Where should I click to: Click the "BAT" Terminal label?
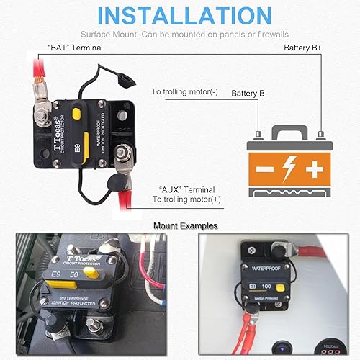tap(75, 48)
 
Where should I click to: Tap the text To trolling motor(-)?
tap(184, 92)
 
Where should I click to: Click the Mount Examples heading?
tap(186, 225)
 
